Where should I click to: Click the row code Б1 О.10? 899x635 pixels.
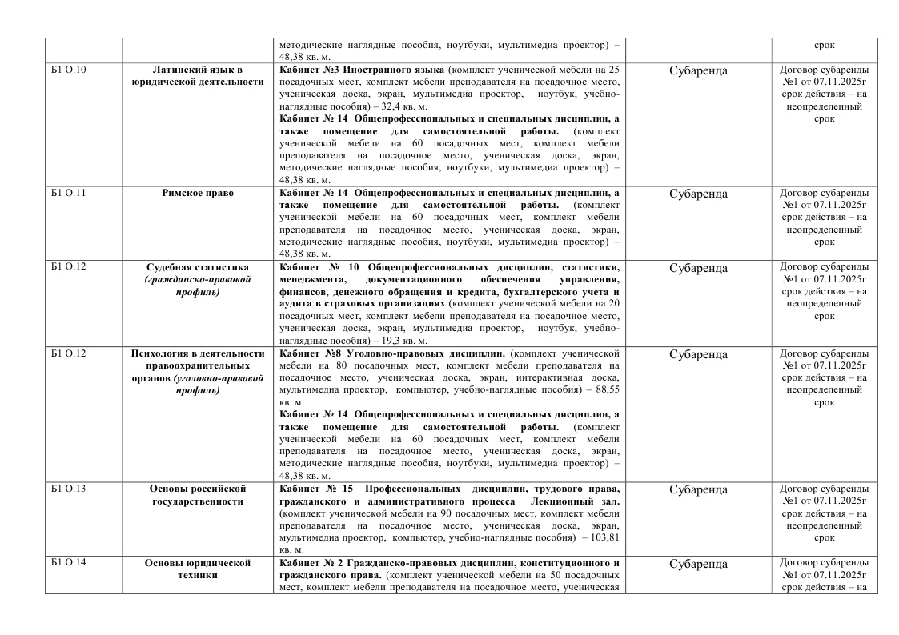(69, 70)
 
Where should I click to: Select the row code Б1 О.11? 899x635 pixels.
(69, 194)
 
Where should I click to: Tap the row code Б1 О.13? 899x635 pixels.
(69, 489)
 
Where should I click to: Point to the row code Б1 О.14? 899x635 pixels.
(69, 563)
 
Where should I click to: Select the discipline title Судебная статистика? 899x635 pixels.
(198, 267)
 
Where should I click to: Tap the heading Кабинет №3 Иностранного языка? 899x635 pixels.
(362, 70)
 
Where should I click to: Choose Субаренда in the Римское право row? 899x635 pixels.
(698, 194)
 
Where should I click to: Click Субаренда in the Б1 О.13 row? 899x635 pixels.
(698, 489)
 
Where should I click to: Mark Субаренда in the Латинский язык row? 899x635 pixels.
(698, 70)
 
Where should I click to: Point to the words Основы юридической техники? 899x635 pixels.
(198, 569)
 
